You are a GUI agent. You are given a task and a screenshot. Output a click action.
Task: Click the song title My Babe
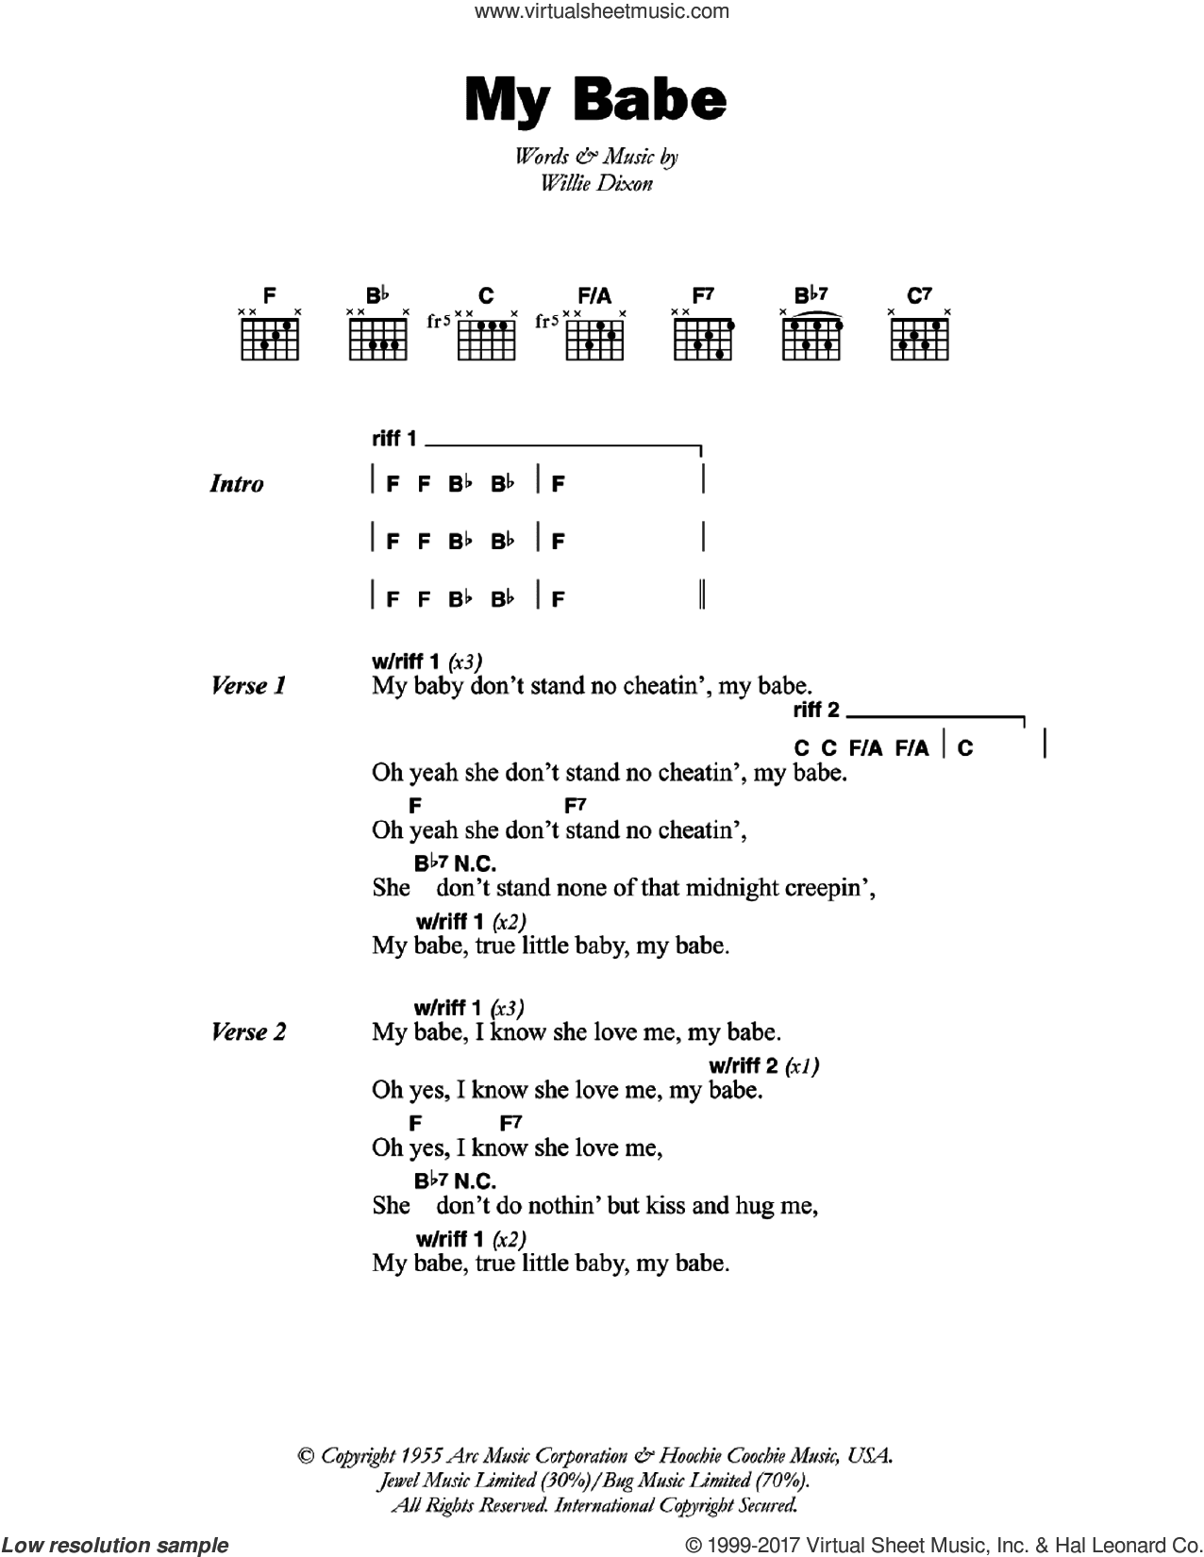pyautogui.click(x=595, y=102)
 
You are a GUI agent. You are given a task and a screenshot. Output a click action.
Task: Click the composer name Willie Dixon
pyautogui.click(x=595, y=183)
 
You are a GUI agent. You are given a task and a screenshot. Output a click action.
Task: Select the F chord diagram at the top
pyautogui.click(x=270, y=337)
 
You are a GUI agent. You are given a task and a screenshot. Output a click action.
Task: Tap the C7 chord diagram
pyautogui.click(x=919, y=337)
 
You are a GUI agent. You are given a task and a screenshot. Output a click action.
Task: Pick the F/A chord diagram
pyautogui.click(x=594, y=337)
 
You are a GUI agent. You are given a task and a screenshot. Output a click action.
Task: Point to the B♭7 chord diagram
pyautogui.click(x=811, y=337)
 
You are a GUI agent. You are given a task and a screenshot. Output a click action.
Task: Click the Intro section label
pyautogui.click(x=236, y=484)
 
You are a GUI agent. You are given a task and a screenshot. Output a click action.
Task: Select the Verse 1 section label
pyautogui.click(x=249, y=686)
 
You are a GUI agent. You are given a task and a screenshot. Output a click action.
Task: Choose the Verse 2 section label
pyautogui.click(x=249, y=1032)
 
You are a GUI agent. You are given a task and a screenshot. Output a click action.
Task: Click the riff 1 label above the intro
pyautogui.click(x=394, y=439)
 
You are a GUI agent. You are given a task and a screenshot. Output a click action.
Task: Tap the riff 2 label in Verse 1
pyautogui.click(x=817, y=710)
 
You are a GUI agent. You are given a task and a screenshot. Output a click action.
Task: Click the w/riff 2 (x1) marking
pyautogui.click(x=763, y=1066)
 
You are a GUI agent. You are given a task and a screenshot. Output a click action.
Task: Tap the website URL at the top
pyautogui.click(x=602, y=12)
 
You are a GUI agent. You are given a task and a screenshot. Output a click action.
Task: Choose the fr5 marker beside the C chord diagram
pyautogui.click(x=439, y=321)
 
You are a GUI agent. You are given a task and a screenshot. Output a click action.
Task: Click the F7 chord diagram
pyautogui.click(x=703, y=337)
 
